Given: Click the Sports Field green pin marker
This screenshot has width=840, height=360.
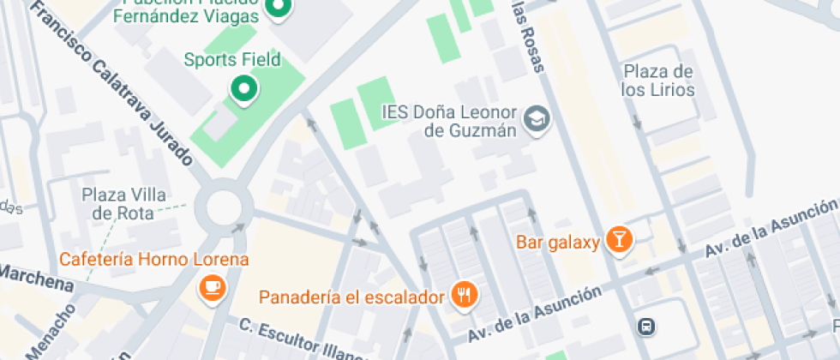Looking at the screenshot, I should coord(244,87).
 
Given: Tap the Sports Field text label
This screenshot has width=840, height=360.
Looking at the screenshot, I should coord(231,60).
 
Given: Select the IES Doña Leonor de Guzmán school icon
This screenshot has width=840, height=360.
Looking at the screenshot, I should coord(538,120).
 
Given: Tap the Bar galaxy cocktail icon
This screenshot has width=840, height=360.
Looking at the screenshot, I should coord(618,241).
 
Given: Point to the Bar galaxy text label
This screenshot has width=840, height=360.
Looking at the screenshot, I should coord(557,242).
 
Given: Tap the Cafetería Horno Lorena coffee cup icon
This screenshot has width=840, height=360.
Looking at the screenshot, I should coord(212,288).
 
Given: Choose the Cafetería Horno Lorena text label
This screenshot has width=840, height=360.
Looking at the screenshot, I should coord(153,259).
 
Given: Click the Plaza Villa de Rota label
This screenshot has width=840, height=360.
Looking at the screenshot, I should coord(124,203).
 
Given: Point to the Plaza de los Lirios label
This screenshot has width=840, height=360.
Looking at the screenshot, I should coord(658,80).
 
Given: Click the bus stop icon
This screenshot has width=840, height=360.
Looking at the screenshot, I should coord(645,326).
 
